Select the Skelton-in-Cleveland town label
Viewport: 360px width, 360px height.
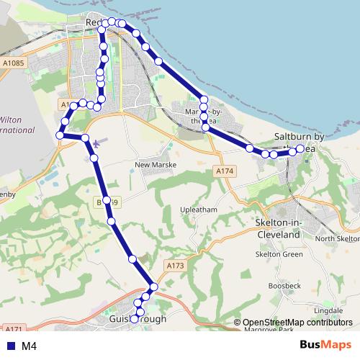coord(278,230)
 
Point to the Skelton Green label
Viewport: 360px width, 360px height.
coord(279,253)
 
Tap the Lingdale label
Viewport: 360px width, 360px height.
coord(328,310)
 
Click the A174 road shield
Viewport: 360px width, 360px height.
coord(225,171)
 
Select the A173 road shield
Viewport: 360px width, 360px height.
coord(176,266)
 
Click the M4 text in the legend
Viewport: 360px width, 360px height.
coord(30,346)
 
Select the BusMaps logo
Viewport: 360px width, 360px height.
coord(325,345)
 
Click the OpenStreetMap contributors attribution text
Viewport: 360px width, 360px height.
coord(297,323)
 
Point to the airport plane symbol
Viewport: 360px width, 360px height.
coord(96,142)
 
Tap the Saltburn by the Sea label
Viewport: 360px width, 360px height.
coord(310,142)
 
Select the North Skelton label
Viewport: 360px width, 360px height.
coord(336,239)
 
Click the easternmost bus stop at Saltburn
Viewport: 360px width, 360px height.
coord(300,149)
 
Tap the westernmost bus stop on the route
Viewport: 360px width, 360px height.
coord(59,135)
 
